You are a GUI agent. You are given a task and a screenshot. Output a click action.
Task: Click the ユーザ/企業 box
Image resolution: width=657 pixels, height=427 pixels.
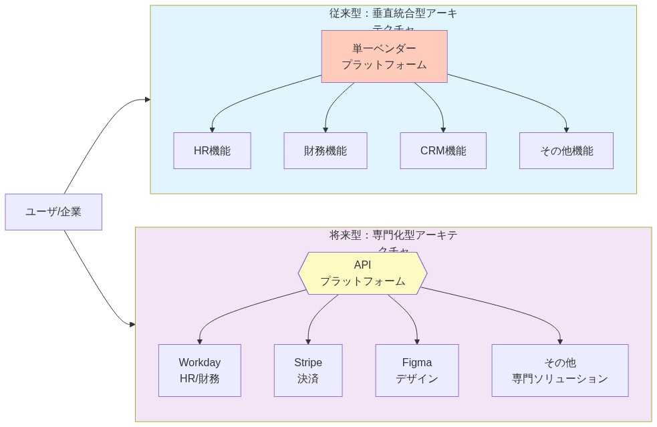pos(53,212)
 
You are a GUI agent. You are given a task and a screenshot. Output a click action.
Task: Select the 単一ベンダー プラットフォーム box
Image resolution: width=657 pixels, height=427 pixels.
pos(384,56)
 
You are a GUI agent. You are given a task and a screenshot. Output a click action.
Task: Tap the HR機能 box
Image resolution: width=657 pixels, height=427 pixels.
pos(212,150)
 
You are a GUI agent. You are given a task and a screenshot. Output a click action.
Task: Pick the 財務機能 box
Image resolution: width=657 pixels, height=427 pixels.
pos(325,150)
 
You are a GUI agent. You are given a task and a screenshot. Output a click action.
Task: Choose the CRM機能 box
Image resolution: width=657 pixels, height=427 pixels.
pos(442,150)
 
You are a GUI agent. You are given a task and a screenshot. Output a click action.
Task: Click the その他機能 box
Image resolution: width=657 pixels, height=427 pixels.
pos(566,150)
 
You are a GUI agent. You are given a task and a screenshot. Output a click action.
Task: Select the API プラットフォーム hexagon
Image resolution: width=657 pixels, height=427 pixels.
pos(362,273)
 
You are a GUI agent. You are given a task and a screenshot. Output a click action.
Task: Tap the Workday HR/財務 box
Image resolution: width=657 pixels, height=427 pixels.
pos(199,370)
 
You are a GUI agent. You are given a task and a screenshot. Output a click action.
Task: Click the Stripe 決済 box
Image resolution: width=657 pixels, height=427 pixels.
pos(307,370)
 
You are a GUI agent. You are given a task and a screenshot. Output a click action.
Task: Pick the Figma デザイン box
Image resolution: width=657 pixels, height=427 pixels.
pos(416,370)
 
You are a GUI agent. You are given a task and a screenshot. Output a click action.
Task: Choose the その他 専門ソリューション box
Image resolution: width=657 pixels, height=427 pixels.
pos(559,370)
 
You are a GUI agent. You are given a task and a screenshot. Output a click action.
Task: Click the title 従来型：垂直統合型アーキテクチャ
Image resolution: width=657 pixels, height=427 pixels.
pos(393,13)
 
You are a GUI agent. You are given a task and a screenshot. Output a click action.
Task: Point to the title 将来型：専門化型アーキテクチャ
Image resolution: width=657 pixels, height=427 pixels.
pos(393,235)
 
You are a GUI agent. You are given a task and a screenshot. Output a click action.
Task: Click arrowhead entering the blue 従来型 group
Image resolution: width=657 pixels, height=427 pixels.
pos(147,100)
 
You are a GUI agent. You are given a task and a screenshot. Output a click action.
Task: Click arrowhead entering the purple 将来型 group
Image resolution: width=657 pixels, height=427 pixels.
pos(132,324)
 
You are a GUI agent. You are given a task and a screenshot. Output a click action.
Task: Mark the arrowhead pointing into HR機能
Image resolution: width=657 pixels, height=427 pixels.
pos(212,129)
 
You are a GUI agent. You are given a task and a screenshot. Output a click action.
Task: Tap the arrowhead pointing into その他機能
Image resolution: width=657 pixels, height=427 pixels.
pos(566,129)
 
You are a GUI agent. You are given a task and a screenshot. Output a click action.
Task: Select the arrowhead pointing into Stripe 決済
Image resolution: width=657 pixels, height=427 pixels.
pos(308,341)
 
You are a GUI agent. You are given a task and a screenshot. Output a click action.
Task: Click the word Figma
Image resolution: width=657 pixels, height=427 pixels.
pos(416,362)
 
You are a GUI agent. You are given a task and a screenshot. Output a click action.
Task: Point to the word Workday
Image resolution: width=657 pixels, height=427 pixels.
pos(199,362)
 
